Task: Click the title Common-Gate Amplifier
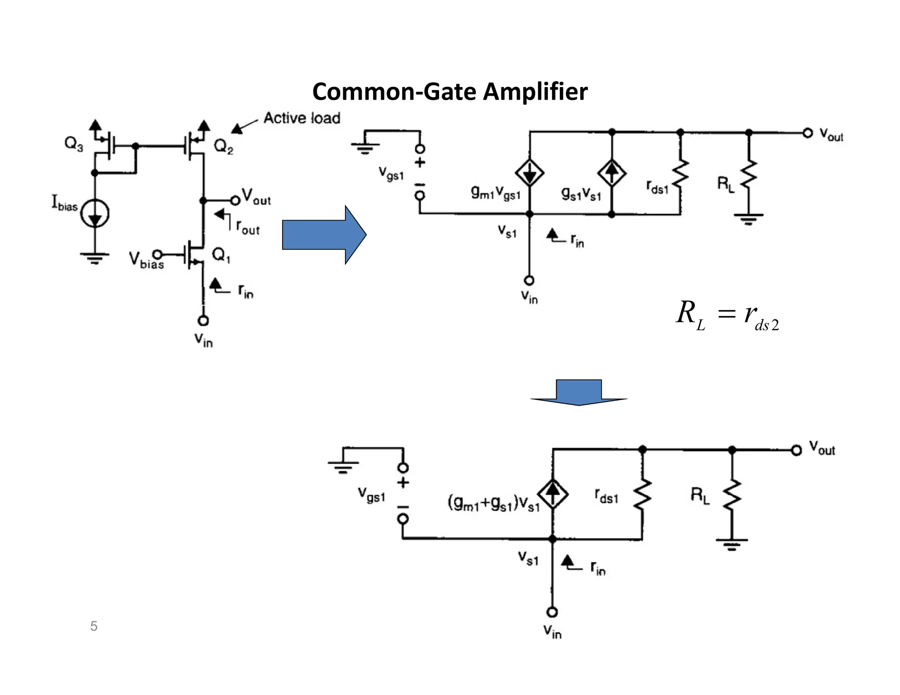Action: point(450,92)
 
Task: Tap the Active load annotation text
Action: point(302,118)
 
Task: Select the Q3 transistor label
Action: point(73,145)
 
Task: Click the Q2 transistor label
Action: point(224,147)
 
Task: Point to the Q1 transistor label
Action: point(221,255)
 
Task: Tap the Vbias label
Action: point(146,260)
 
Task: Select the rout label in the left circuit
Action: point(247,227)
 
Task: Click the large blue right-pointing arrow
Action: point(324,235)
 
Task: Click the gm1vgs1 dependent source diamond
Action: point(530,173)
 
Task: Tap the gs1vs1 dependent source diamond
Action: point(611,173)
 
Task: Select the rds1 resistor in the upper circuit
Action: point(680,174)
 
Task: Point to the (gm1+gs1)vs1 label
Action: point(494,503)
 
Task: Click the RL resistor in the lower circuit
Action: point(732,496)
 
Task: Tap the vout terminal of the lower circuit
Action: point(796,450)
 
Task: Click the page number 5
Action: point(94,626)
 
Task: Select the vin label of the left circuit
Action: point(203,340)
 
